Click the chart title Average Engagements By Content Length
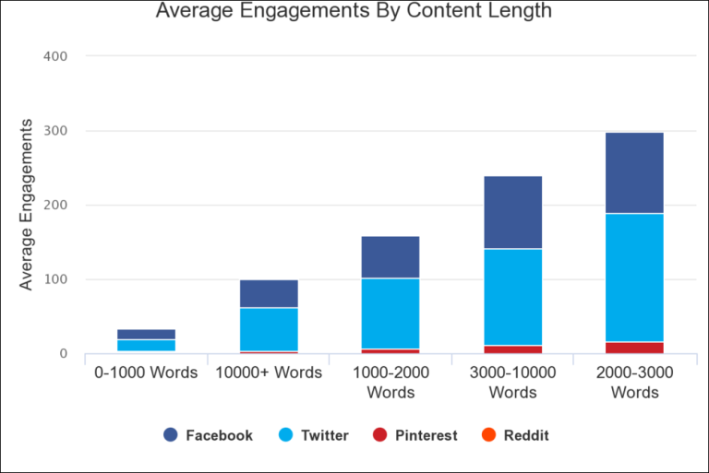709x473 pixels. coord(354,11)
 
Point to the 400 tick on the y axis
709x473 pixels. coord(55,56)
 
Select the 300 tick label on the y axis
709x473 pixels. coord(55,131)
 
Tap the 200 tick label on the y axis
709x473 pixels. coord(55,205)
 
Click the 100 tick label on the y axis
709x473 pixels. coord(55,279)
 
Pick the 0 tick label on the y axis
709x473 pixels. coord(63,354)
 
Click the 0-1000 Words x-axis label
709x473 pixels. coord(147,373)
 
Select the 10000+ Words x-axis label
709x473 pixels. coord(269,373)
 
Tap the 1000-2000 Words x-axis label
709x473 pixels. coord(391,383)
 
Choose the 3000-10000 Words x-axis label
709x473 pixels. coord(512,383)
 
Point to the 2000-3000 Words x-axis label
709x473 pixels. coord(634,383)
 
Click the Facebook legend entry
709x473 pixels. coord(208,435)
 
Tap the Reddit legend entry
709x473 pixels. coord(515,435)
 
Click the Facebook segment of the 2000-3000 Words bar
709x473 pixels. coord(634,172)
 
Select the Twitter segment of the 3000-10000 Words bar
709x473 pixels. coord(512,297)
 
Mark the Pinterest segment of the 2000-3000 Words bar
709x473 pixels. coord(634,348)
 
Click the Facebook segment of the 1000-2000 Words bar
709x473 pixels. coord(391,257)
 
